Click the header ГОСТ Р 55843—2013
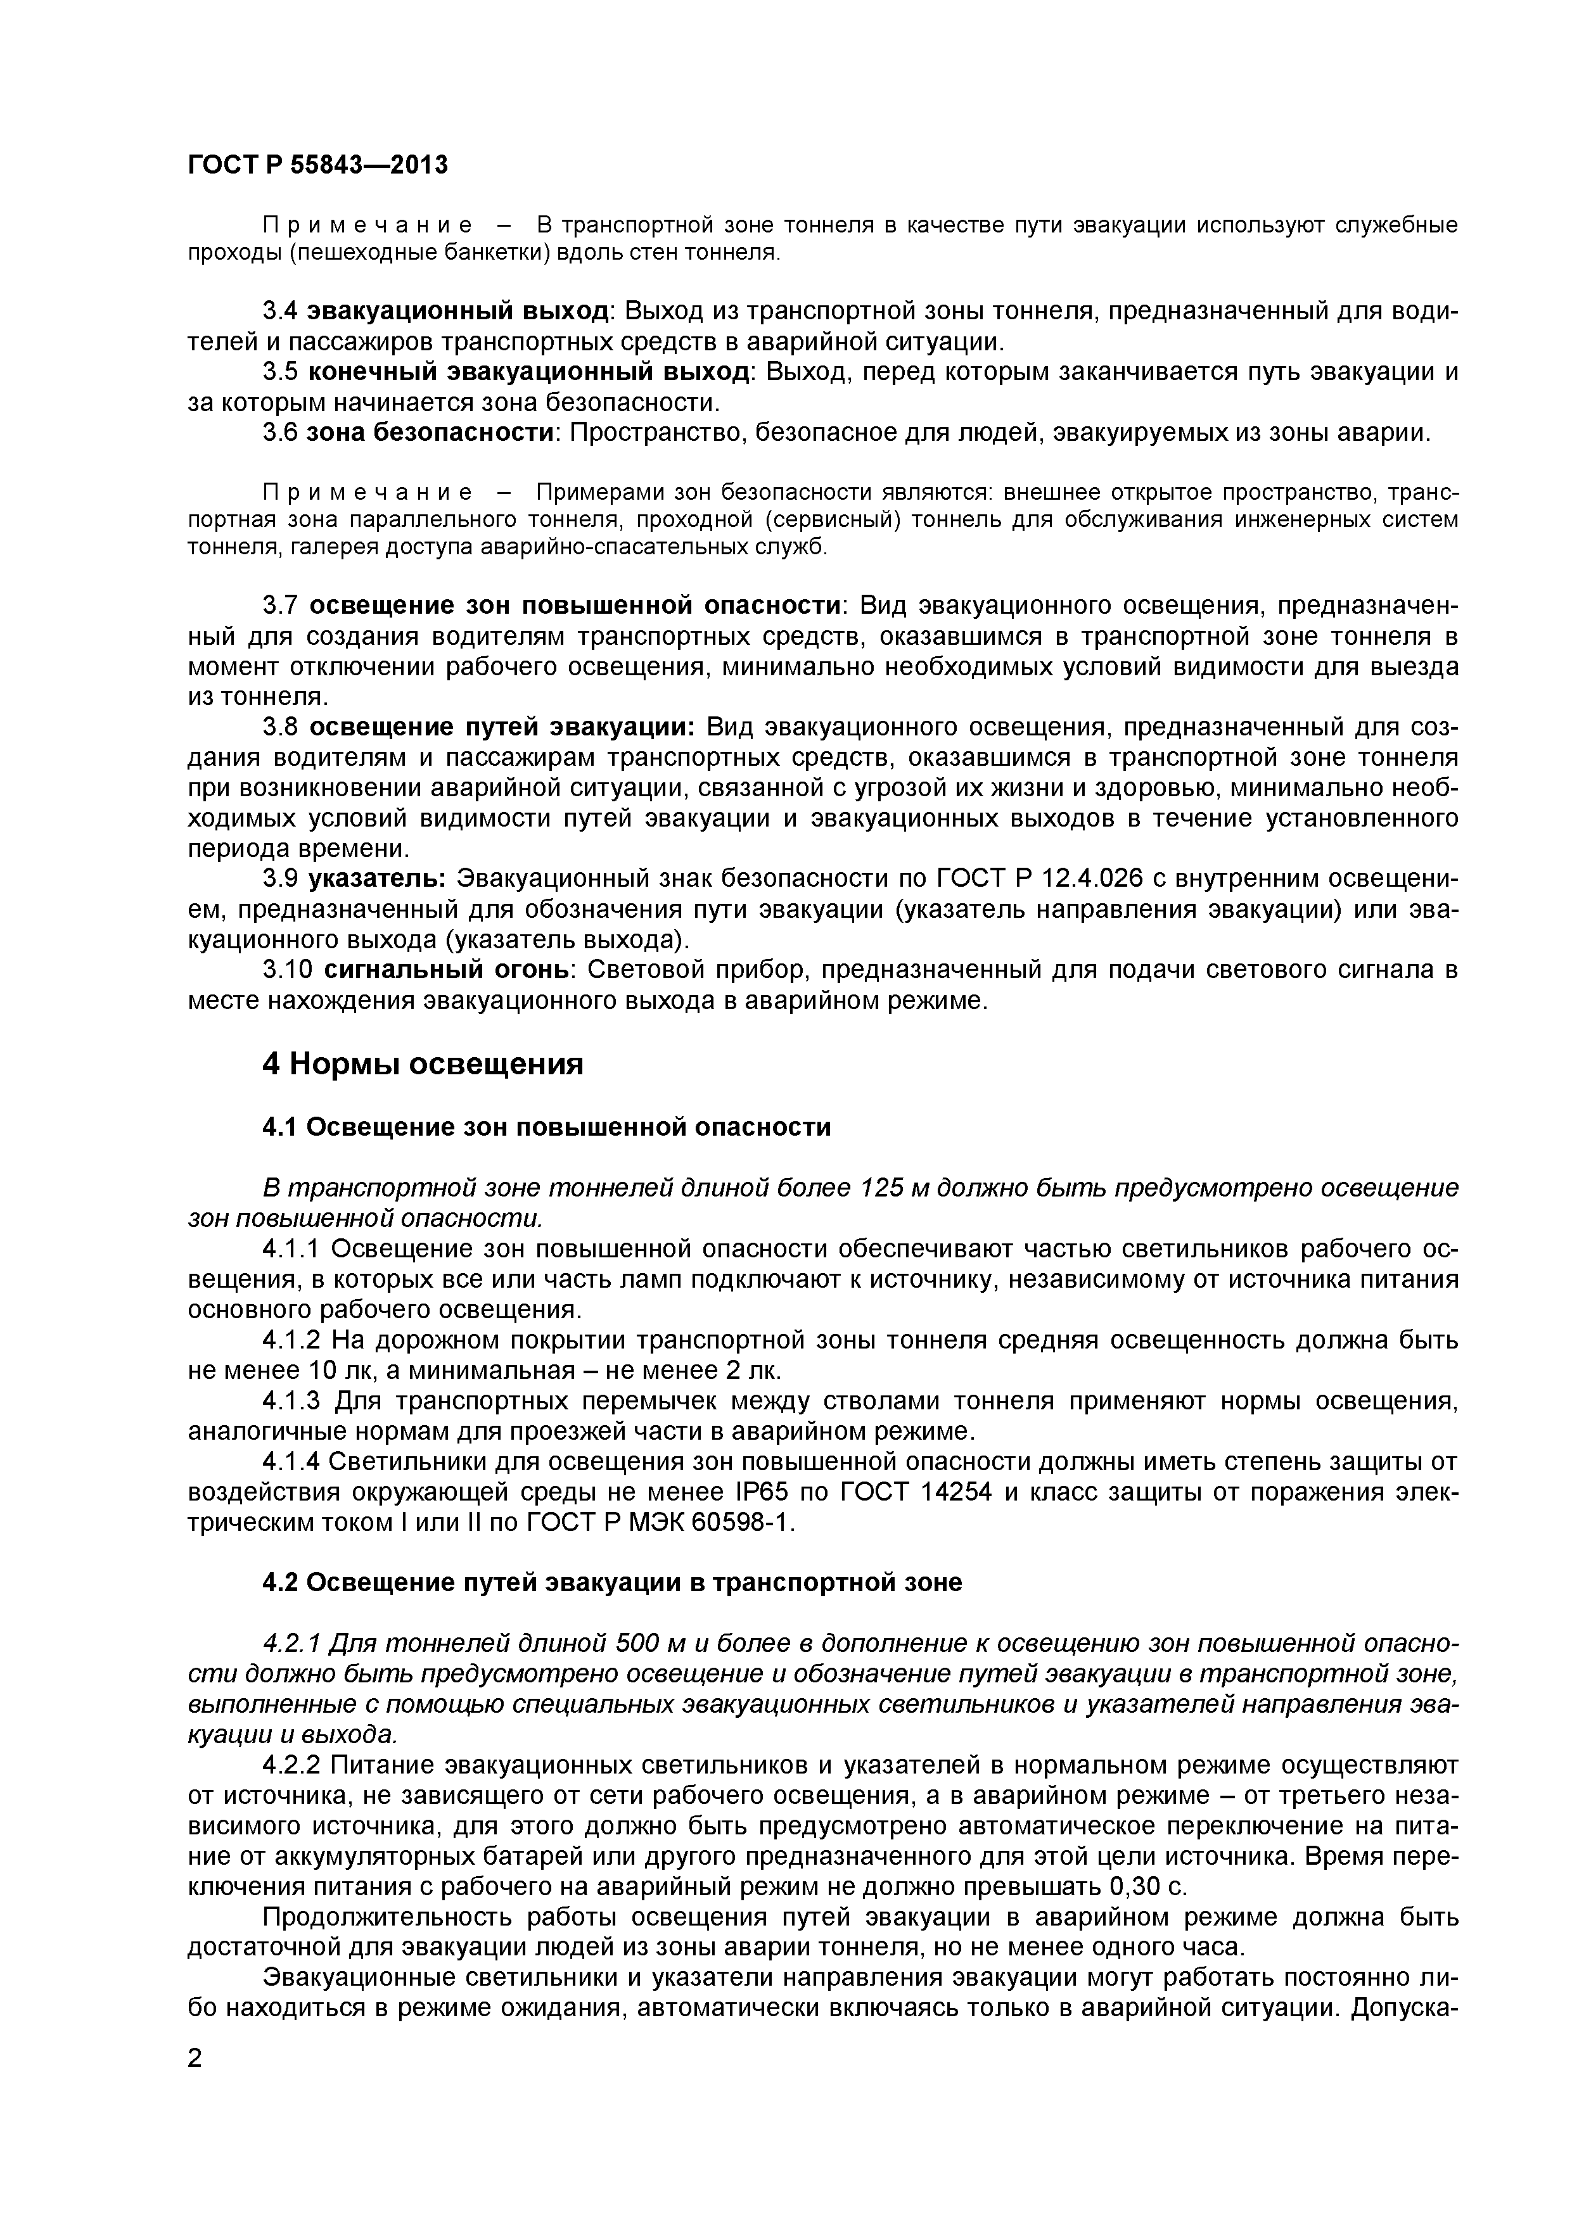[317, 165]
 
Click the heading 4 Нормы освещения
[423, 1065]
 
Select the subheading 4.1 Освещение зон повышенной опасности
[547, 1126]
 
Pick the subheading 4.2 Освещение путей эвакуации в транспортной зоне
[613, 1582]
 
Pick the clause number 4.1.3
[294, 1400]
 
